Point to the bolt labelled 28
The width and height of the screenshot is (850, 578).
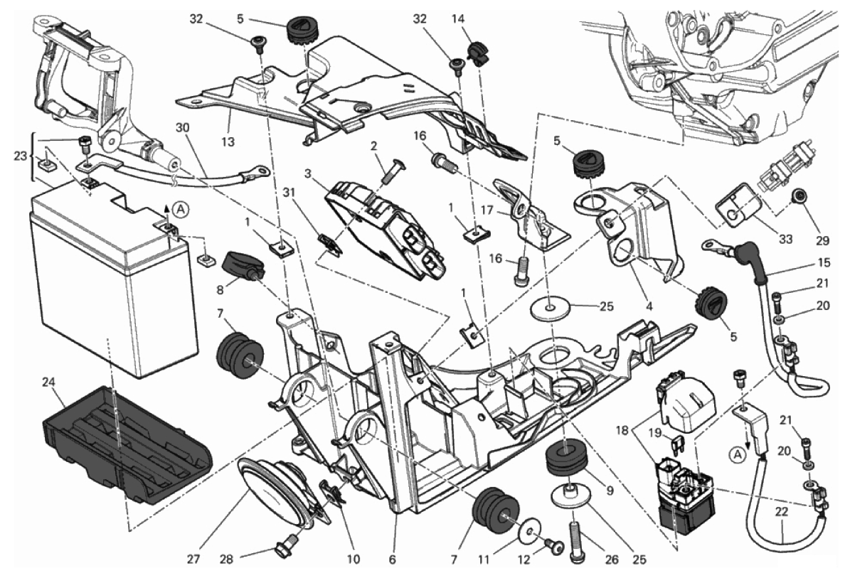click(x=282, y=551)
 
